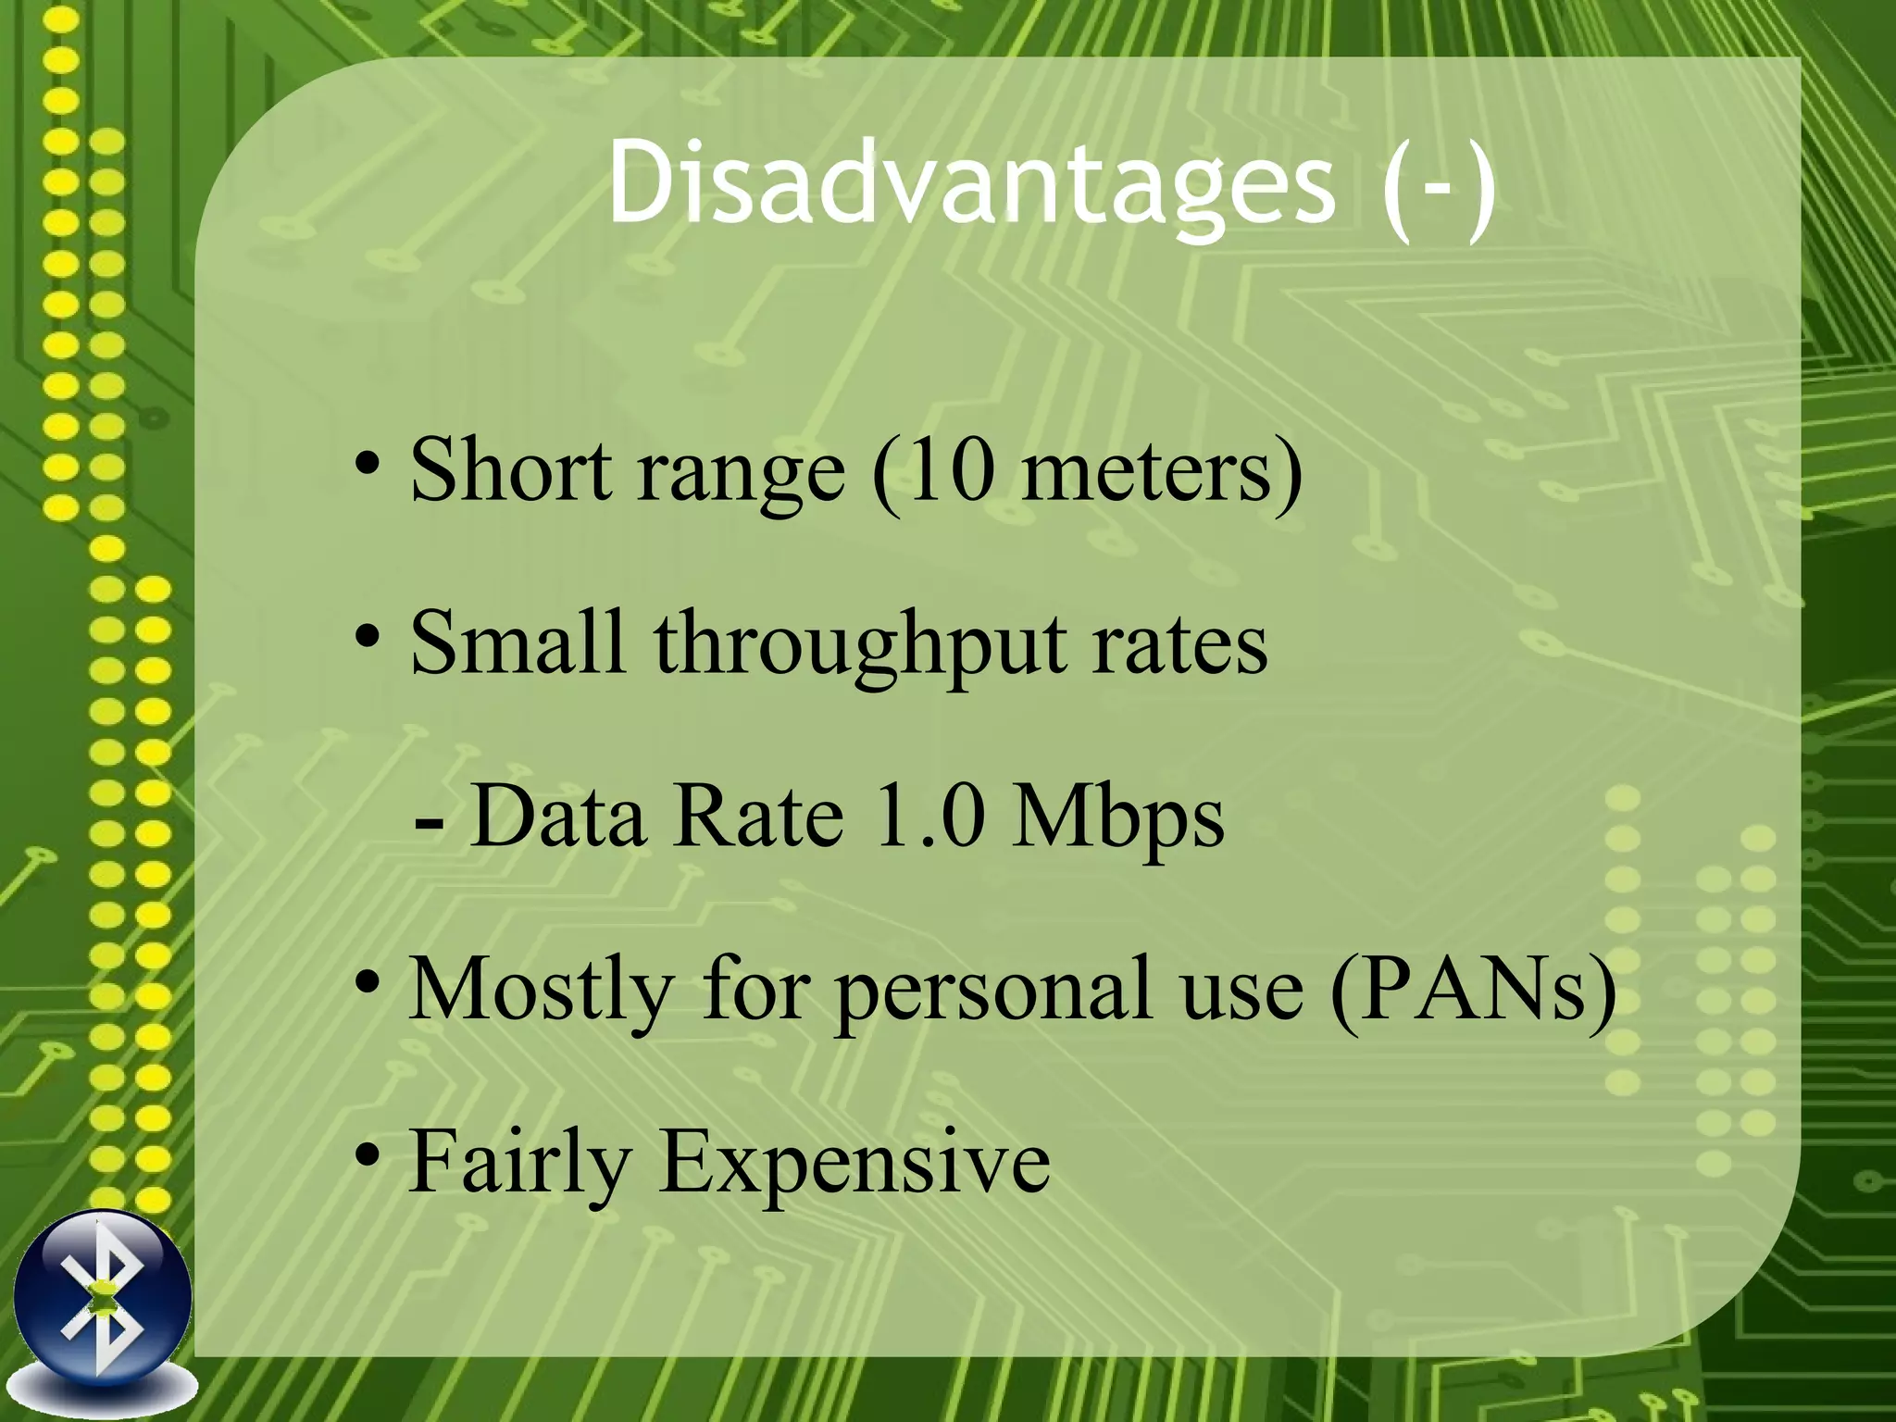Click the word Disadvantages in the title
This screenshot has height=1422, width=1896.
[971, 183]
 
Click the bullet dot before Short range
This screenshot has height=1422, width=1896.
[368, 463]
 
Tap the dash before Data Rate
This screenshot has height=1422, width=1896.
[429, 820]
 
